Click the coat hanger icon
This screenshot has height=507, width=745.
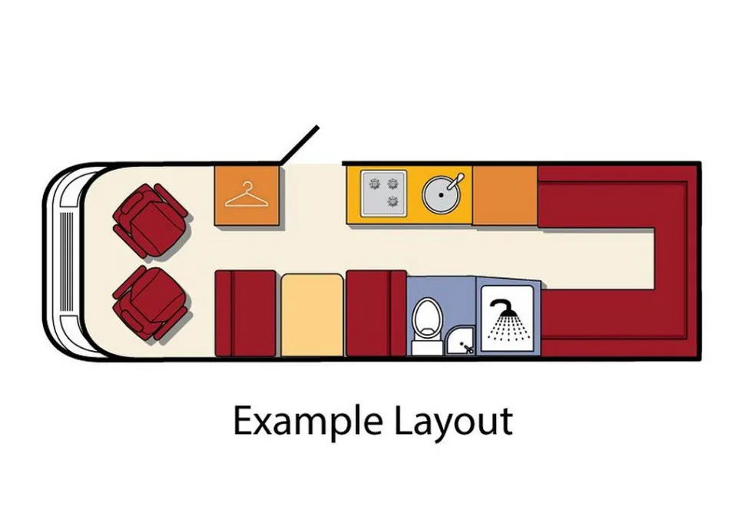pos(247,194)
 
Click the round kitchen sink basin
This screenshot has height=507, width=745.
pos(441,195)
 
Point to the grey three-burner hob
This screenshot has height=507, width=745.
pos(383,194)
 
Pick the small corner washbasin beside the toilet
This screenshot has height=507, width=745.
pos(460,341)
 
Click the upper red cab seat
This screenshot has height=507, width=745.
pos(151,220)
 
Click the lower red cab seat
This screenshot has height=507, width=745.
pos(151,303)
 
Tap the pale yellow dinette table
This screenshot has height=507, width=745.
pos(312,314)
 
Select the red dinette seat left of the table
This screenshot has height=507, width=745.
pos(246,313)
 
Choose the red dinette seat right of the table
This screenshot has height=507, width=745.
pos(376,313)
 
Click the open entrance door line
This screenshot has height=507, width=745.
pos(299,145)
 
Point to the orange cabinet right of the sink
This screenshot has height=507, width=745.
pos(505,195)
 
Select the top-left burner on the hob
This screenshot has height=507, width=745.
pos(374,184)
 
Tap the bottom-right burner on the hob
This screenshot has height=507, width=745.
pos(393,201)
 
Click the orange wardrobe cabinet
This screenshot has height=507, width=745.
pos(247,195)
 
